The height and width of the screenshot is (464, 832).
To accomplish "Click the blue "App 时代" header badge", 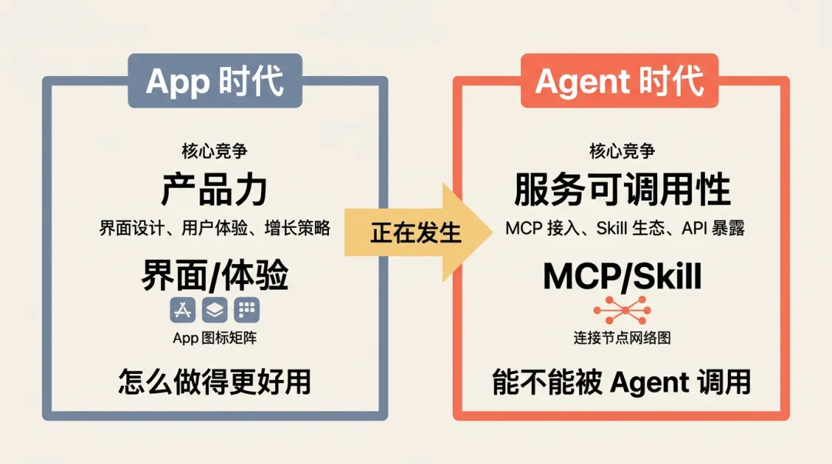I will coord(215,80).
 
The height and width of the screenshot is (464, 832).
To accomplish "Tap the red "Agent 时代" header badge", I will coord(620,80).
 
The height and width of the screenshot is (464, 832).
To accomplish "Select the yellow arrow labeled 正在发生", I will coord(416,232).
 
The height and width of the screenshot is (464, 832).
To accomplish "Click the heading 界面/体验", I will coord(215,275).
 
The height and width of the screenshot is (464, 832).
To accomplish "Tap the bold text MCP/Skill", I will coord(622,275).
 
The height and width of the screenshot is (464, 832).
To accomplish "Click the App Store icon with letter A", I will coord(183,310).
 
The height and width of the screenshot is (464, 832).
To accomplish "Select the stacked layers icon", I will coord(214,310).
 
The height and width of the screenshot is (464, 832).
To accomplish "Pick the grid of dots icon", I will coord(247,310).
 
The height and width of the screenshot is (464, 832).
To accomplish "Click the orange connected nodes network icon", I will coord(622,309).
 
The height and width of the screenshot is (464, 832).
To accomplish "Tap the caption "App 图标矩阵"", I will coord(215,338).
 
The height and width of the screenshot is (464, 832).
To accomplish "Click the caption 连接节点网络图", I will coord(622,338).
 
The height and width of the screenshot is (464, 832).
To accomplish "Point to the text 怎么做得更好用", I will coord(215,382).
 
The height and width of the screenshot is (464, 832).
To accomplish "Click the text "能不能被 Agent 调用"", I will coord(622,382).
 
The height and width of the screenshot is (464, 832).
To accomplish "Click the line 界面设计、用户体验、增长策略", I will coord(215,228).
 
